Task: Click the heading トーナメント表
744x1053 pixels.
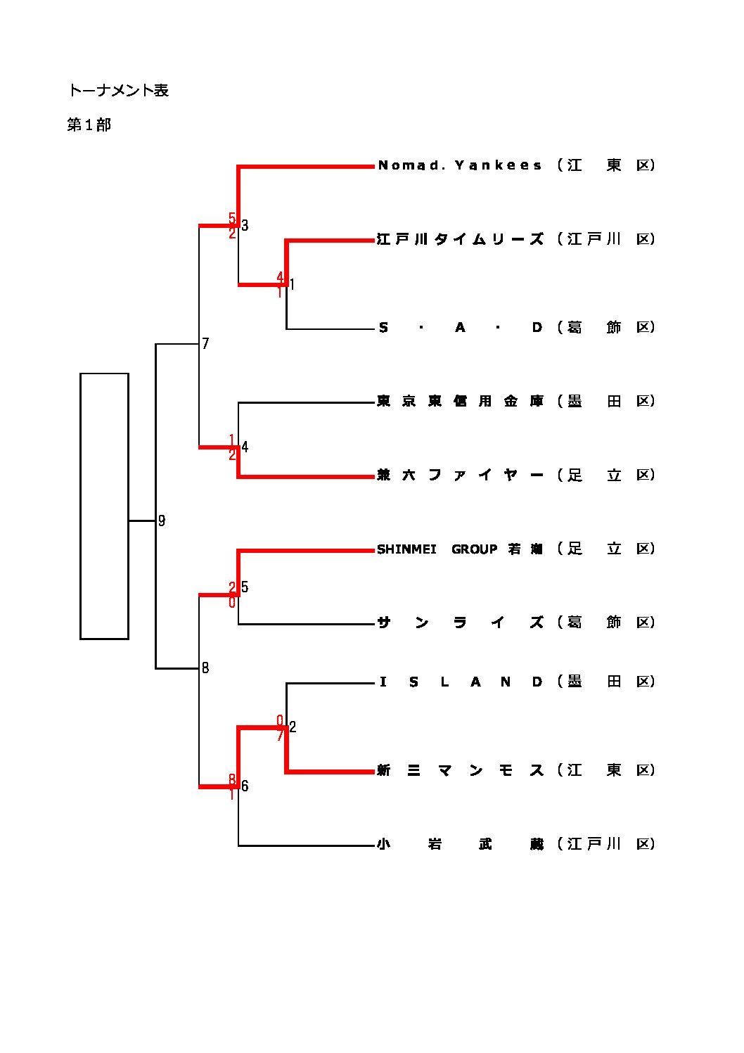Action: [x=118, y=91]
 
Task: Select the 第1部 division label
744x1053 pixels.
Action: [x=89, y=125]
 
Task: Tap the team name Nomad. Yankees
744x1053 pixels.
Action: [x=460, y=166]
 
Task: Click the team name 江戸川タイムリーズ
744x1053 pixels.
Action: [x=460, y=239]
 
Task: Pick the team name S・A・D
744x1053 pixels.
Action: [x=460, y=328]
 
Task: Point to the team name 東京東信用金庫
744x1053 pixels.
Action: [x=460, y=402]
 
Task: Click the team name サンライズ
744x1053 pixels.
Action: [x=460, y=623]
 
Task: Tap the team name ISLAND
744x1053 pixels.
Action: [x=460, y=682]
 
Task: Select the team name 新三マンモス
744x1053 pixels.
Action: [x=460, y=771]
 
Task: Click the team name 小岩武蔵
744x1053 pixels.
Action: [x=460, y=844]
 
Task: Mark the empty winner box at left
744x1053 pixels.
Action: [x=104, y=506]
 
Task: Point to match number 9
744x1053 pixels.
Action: [x=162, y=521]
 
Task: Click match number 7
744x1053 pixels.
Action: [x=205, y=344]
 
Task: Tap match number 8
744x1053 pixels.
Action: [x=205, y=668]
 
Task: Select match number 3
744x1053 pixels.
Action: [x=245, y=226]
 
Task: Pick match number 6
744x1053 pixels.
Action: [x=245, y=786]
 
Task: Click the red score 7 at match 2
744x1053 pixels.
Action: [x=280, y=736]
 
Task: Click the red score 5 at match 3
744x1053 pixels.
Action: [x=232, y=219]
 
